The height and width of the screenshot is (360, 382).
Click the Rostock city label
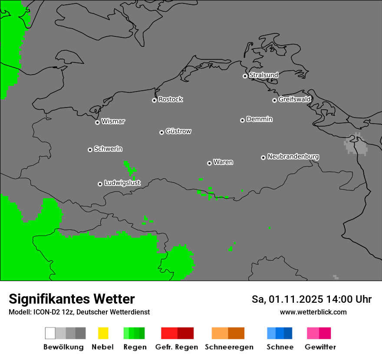(x=171, y=99)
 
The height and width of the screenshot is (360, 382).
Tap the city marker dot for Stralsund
(x=245, y=76)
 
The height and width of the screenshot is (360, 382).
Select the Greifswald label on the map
(x=294, y=99)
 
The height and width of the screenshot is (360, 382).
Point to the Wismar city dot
(x=97, y=122)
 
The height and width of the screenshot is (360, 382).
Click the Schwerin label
(x=108, y=149)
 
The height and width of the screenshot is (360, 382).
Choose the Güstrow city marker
(x=161, y=132)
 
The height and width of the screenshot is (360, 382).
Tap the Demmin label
(x=259, y=119)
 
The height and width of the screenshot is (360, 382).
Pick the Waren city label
(x=223, y=162)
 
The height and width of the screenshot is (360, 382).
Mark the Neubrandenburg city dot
(x=263, y=157)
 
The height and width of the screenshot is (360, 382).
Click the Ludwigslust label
(x=122, y=183)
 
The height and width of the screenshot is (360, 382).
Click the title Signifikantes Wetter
(x=72, y=299)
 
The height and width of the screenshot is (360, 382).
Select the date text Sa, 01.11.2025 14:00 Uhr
(x=311, y=299)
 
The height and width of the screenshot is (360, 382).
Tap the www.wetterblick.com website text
(x=313, y=312)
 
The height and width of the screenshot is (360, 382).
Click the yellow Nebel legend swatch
(x=103, y=333)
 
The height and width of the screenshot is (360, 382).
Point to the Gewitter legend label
(x=320, y=347)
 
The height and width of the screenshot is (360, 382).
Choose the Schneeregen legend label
(x=229, y=347)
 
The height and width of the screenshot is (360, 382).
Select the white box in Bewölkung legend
(x=50, y=333)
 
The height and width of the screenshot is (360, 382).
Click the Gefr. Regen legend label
(x=176, y=347)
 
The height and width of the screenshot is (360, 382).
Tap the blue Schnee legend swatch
(x=280, y=333)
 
